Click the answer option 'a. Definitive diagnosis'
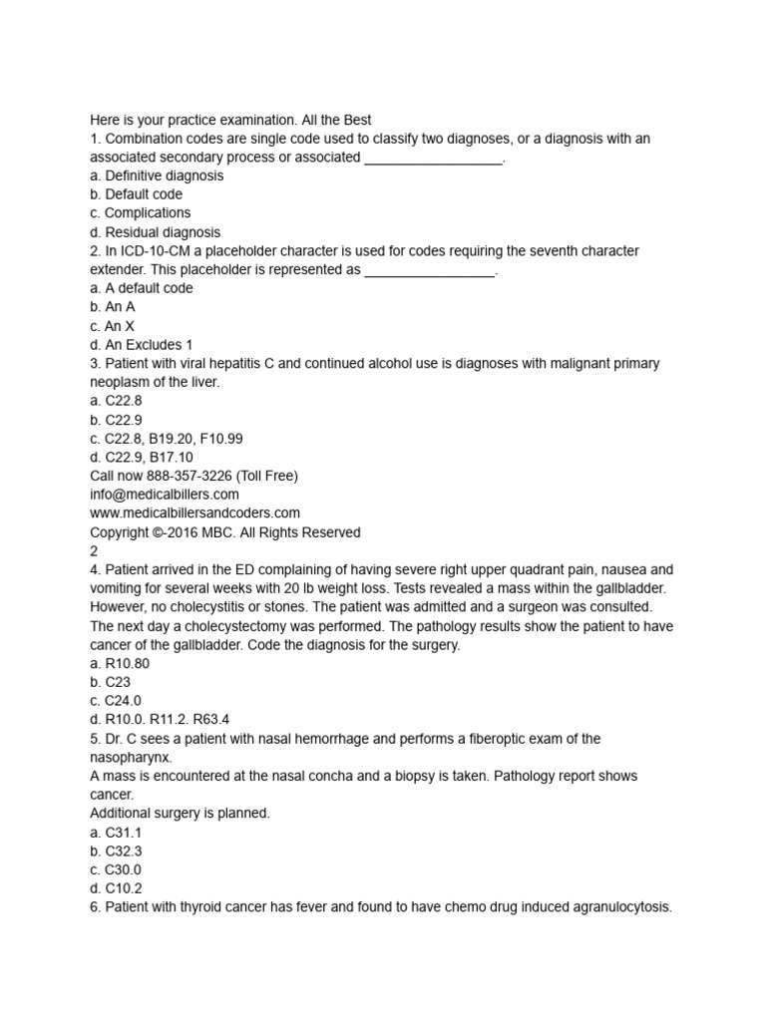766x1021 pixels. [x=157, y=175]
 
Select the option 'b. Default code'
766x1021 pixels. [x=136, y=194]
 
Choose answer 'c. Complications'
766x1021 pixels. [x=140, y=213]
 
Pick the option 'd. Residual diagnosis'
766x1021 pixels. [x=156, y=232]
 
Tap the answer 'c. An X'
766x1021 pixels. [x=113, y=326]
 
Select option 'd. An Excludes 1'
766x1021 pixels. [x=142, y=345]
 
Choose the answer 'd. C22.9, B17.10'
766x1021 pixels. [x=142, y=458]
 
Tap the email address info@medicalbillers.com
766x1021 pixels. [x=165, y=495]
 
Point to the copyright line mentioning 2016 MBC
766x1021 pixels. [x=225, y=532]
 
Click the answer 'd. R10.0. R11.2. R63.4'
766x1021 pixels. [x=162, y=720]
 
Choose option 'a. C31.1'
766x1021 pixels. [x=116, y=833]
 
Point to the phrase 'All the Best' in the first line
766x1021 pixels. [x=333, y=120]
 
